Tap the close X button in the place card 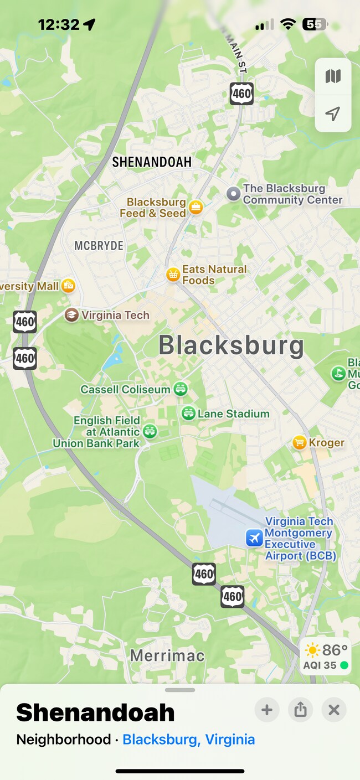coord(333,710)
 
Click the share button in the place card coord(300,710)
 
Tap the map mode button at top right coord(333,76)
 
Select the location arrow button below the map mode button coord(333,114)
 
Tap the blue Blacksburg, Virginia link coord(189,740)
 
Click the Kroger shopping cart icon coord(300,442)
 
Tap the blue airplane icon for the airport coord(254,538)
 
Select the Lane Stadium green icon coord(188,413)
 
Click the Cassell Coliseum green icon coord(181,389)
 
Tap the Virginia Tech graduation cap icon coord(71,315)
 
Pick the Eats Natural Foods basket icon coord(173,274)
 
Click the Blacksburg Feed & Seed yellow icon coord(196,208)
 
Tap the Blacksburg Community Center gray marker coord(234,194)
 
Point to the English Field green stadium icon coord(150,431)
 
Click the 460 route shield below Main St coord(241,94)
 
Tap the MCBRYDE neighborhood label coord(99,246)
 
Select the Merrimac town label coord(167,656)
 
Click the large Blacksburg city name coord(231,345)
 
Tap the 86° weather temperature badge coord(326,655)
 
